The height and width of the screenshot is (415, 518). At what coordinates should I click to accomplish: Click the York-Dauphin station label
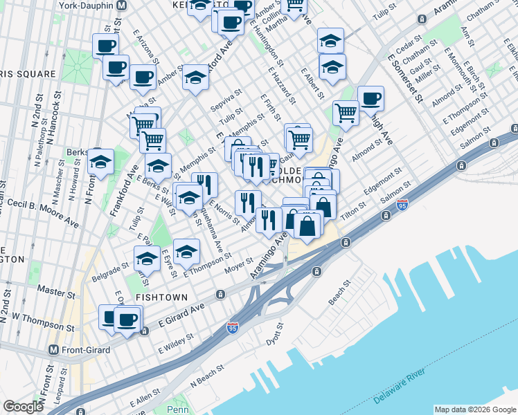tap(83, 5)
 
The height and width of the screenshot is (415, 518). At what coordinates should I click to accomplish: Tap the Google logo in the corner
tap(23, 407)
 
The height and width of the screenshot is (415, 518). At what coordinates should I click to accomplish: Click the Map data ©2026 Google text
tap(475, 409)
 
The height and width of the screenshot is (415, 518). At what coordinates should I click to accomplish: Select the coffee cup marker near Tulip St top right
tap(370, 98)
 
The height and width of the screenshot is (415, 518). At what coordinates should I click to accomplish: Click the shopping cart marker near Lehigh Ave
tap(346, 112)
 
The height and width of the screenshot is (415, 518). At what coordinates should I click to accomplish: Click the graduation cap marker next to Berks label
tap(101, 162)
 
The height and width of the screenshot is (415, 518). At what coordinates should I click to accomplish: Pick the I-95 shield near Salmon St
tap(402, 205)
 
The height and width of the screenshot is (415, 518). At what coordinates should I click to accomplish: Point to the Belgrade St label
tap(110, 270)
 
